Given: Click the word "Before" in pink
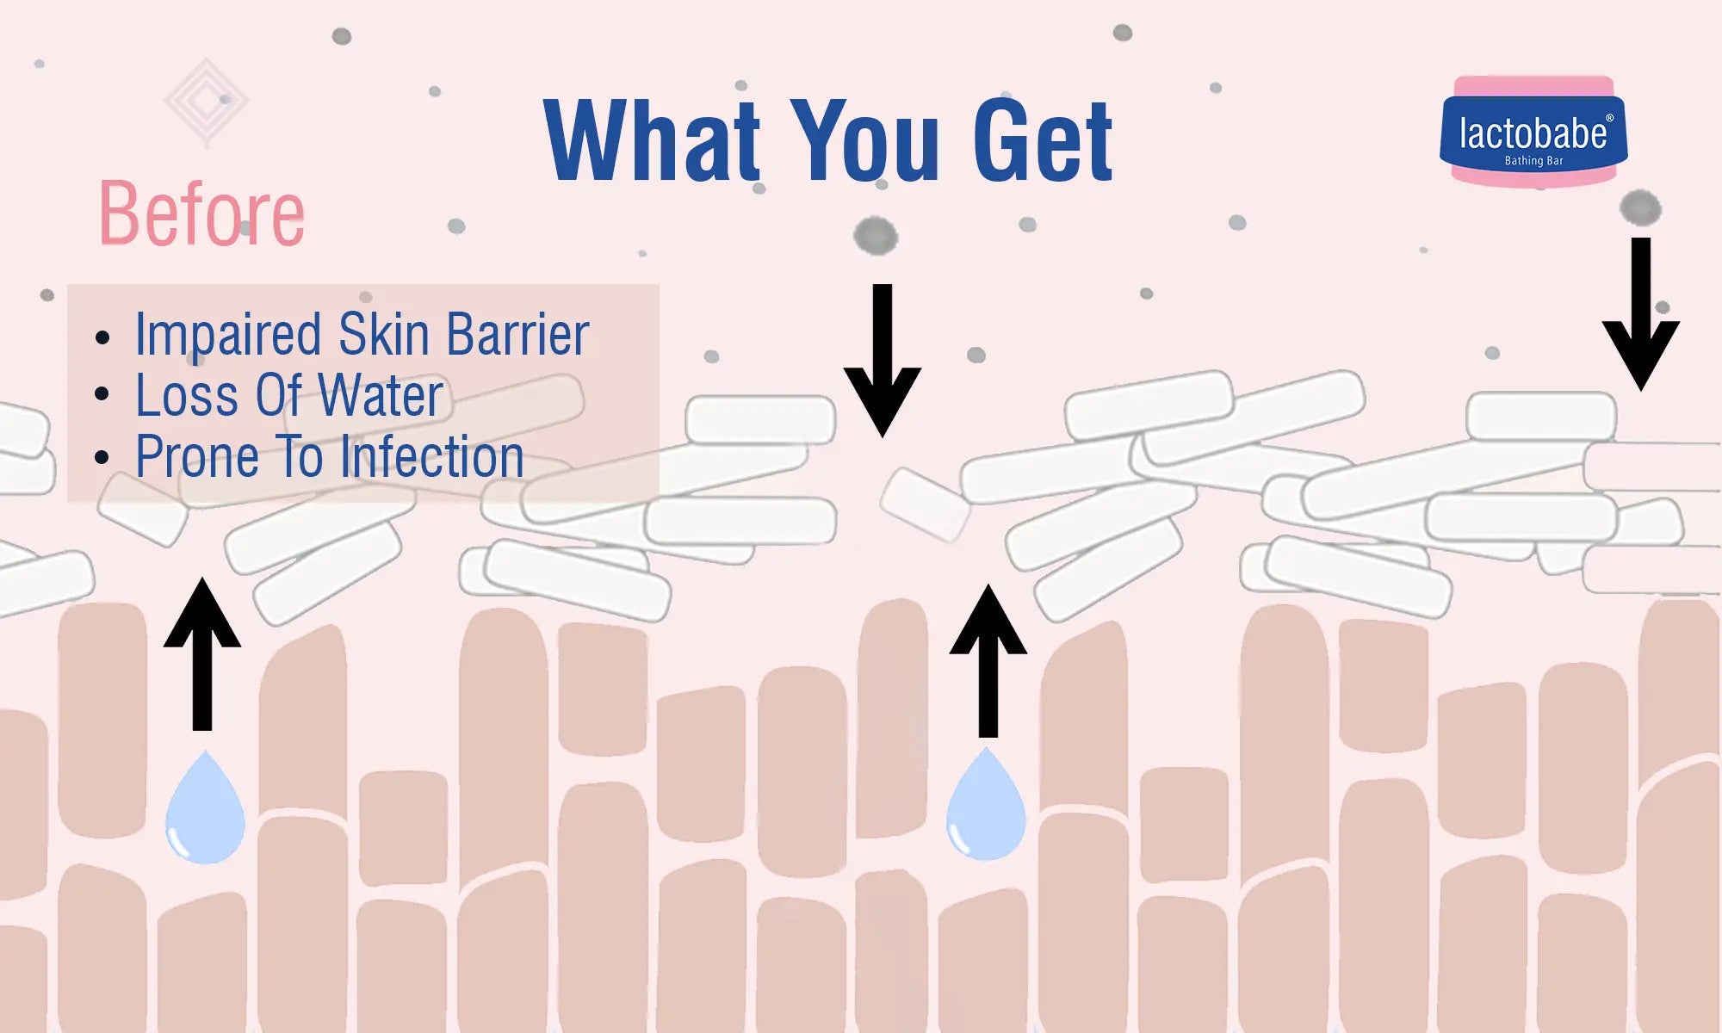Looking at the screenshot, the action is pyautogui.click(x=202, y=213).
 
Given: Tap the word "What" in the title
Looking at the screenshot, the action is pyautogui.click(x=653, y=140).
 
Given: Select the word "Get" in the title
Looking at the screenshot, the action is pyautogui.click(x=1043, y=140).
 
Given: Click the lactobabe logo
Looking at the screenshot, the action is pyautogui.click(x=1533, y=132).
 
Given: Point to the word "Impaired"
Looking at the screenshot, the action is pyautogui.click(x=229, y=336).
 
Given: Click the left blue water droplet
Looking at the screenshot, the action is pyautogui.click(x=205, y=807).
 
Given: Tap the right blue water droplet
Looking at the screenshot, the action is pyautogui.click(x=987, y=804).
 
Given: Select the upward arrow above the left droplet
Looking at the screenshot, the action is pyautogui.click(x=202, y=654).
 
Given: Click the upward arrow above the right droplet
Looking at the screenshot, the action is pyautogui.click(x=988, y=660).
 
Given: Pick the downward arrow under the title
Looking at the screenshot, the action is pyautogui.click(x=883, y=360).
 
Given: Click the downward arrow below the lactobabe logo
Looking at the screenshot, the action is pyautogui.click(x=1641, y=314).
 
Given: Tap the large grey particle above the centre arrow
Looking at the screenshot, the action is pyautogui.click(x=876, y=236).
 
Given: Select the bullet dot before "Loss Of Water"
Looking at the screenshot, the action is pyautogui.click(x=102, y=395).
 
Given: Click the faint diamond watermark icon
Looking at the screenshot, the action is pyautogui.click(x=206, y=102).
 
